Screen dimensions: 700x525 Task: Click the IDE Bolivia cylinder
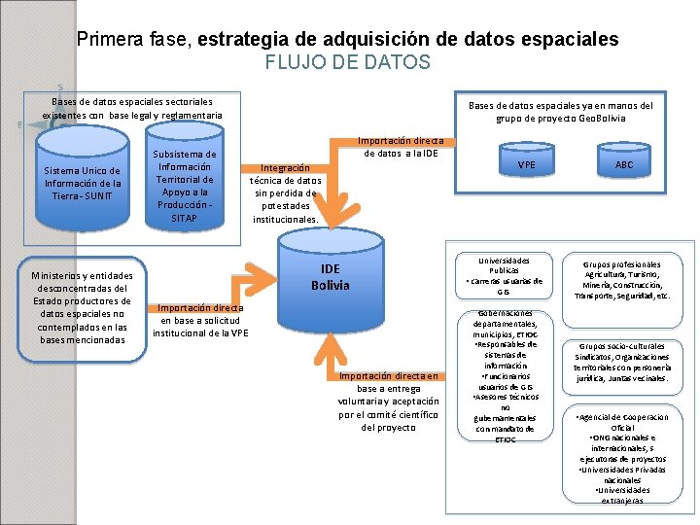(330, 278)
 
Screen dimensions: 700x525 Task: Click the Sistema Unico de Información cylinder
(83, 184)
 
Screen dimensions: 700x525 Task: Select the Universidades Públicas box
(504, 276)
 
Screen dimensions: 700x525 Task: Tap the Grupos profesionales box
(622, 279)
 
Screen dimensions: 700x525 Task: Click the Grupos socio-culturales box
(622, 362)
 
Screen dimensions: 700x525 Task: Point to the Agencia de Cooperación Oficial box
(622, 458)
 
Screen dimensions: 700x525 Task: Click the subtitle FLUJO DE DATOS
(347, 62)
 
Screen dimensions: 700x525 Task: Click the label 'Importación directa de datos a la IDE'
(402, 146)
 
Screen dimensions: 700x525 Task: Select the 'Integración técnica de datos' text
(286, 192)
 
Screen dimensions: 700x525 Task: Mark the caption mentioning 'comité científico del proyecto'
(389, 401)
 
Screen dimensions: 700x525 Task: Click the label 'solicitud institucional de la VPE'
(200, 320)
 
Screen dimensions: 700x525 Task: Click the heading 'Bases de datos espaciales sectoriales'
(131, 101)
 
